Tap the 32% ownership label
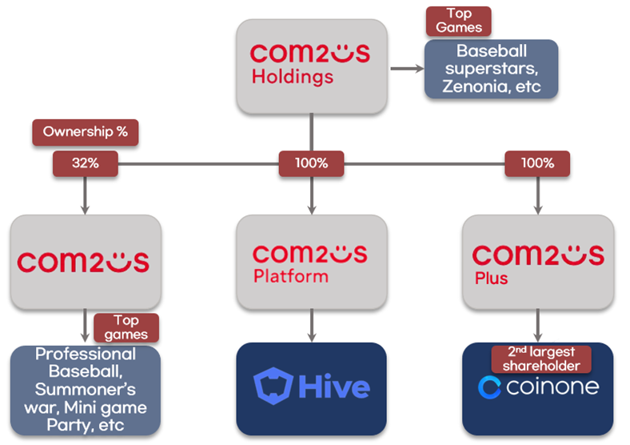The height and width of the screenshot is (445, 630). tap(86, 163)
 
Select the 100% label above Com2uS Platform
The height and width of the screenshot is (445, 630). tap(311, 163)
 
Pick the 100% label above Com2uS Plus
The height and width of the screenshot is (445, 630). tap(537, 163)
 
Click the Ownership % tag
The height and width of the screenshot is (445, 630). tap(85, 132)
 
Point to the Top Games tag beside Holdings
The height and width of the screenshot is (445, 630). tap(459, 21)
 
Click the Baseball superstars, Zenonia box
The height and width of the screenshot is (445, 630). tap(491, 69)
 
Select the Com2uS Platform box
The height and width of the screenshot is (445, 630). tap(311, 263)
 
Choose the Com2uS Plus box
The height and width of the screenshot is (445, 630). tap(537, 263)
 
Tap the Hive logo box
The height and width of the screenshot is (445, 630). tap(311, 388)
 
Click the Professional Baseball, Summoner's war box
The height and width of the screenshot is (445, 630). tap(86, 391)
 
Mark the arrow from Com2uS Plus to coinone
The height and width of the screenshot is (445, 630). tap(537, 327)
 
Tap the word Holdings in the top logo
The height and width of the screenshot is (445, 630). tap(292, 78)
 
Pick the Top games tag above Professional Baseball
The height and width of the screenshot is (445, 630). tap(126, 327)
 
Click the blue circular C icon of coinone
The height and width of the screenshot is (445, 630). tap(489, 388)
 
